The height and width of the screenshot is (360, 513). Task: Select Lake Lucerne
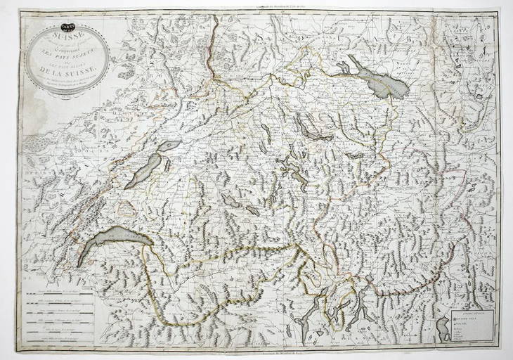tap(289, 166)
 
